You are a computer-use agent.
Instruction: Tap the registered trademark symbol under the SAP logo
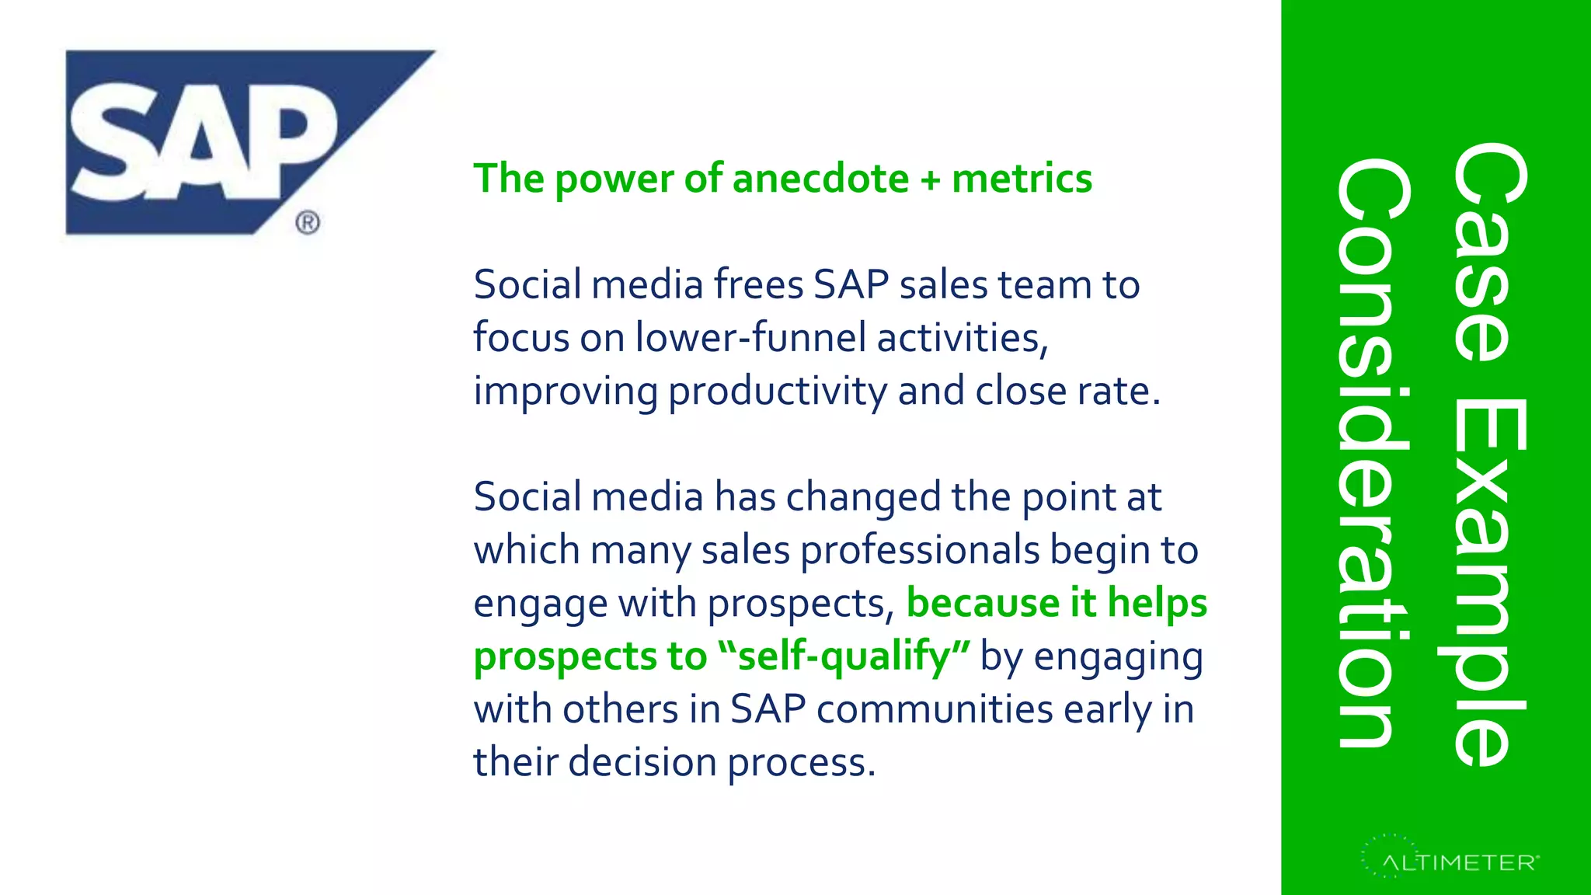coord(308,223)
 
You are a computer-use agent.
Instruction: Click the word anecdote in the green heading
coord(820,179)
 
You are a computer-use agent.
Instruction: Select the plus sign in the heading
coord(930,180)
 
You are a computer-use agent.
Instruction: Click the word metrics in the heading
coord(1022,179)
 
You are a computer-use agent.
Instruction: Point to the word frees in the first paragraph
coord(758,284)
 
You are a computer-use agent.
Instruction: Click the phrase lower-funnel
coord(750,338)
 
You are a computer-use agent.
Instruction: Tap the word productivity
coord(778,392)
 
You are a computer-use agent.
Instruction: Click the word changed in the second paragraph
coord(864,497)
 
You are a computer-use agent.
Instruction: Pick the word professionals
coord(920,551)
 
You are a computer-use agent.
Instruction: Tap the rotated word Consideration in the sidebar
coord(1371,453)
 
